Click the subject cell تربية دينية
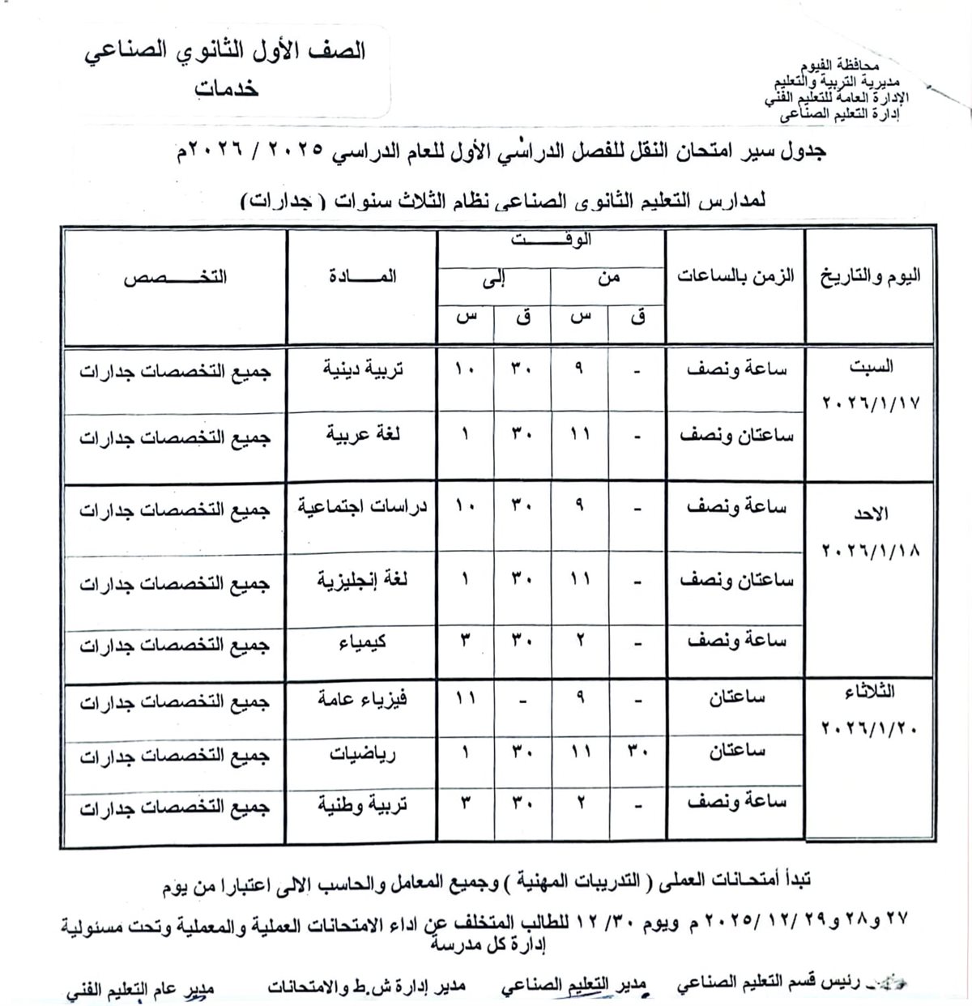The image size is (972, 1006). coord(364,369)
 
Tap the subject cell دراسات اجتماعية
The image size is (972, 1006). coord(362,508)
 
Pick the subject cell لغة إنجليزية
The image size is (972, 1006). coord(362,581)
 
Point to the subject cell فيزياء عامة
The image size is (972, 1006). coord(362,699)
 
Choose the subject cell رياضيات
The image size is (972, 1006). coord(362,754)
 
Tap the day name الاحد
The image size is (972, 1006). coord(871,514)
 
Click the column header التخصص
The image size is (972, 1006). coord(175,276)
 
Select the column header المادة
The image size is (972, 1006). coord(362,276)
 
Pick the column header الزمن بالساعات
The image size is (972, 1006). coord(735,276)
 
